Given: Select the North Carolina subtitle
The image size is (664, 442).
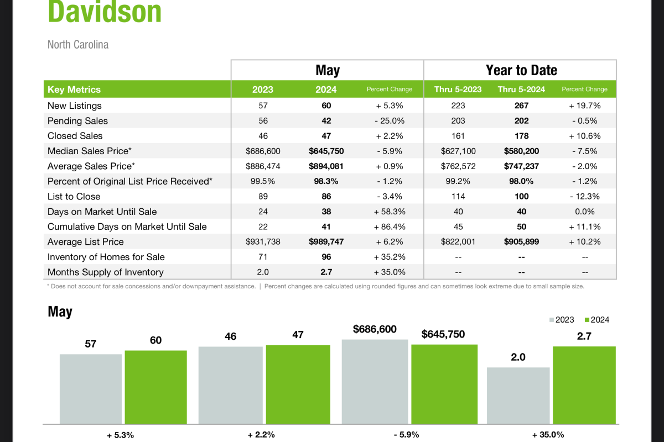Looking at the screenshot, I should pos(78,45).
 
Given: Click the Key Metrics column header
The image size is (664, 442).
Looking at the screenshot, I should pos(74,90).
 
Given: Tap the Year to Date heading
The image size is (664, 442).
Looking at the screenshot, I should pos(521,70).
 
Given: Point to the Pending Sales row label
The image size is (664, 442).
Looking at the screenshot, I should pos(77,121).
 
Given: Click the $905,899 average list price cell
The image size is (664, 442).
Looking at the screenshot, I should pos(521,242).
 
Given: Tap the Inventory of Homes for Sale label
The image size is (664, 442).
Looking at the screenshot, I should pos(106,257).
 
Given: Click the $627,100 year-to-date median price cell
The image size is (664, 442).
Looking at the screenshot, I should pos(458,151).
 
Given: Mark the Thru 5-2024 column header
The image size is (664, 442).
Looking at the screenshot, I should pos(521,90).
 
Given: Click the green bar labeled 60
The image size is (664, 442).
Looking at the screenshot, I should pos(155,387).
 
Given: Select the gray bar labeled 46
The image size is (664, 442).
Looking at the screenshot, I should pos(230,385).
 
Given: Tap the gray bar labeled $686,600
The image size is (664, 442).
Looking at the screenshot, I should pos(375,381).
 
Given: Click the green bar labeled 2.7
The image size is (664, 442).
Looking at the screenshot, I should pos(584,385).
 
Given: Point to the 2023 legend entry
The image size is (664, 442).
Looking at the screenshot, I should pos(561,320).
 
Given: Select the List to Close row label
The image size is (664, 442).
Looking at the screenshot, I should pos(74,197).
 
